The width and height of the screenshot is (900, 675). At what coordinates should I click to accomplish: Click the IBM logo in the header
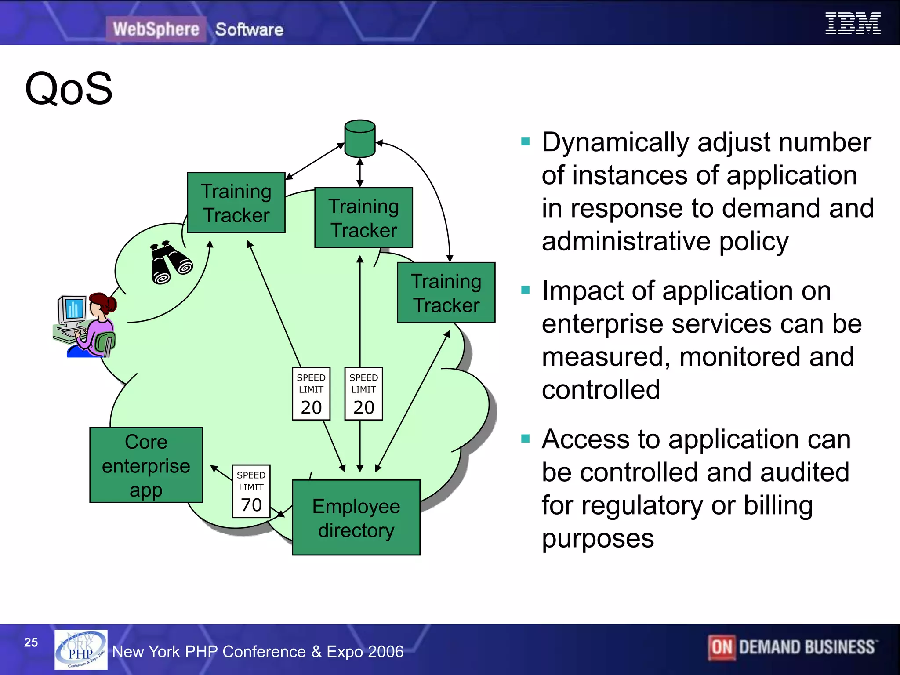pos(853,23)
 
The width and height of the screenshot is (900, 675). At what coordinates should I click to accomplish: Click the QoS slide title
pos(69,89)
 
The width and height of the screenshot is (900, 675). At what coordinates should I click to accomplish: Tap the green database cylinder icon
pos(360,139)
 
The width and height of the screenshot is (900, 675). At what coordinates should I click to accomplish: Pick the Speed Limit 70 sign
pos(251,491)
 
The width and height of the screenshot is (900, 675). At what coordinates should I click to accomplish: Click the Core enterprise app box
pos(146,465)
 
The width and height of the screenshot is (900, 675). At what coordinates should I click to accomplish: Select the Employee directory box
pos(356,518)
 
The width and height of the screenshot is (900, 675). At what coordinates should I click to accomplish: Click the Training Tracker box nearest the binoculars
pos(236,203)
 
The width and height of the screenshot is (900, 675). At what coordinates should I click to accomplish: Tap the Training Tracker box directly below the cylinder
pos(363,218)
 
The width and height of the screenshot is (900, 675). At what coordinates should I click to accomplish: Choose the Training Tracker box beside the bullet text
pos(446,293)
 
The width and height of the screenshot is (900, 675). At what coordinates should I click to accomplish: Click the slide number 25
pos(31,642)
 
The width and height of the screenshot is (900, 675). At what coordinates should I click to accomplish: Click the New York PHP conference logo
pos(81,650)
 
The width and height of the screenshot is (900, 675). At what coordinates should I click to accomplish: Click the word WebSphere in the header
pos(156,29)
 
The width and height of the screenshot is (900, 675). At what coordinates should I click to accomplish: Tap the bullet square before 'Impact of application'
pos(525,290)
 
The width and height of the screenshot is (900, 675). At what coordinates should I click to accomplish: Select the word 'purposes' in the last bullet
pos(598,538)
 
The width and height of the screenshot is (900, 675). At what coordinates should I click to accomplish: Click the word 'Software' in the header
pos(249,29)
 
